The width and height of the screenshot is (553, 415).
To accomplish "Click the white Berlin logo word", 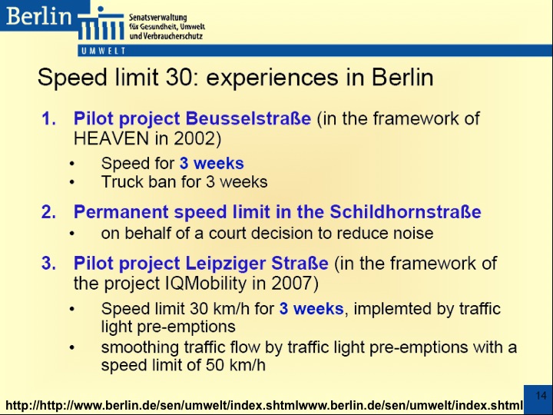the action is coord(39,16).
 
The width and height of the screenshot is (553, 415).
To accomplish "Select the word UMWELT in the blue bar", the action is coord(104,51).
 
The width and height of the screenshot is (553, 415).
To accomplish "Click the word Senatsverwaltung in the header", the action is coord(157,18).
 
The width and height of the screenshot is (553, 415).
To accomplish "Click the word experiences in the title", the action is coord(273,78).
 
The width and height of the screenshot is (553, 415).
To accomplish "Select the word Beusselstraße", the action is coord(248,118).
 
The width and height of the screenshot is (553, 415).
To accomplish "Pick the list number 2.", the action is coord(48,212).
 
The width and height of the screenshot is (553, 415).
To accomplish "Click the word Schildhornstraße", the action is coord(406,212).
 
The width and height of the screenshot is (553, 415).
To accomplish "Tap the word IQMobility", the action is coord(206,284).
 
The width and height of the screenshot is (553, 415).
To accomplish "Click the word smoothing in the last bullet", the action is coord(140,347).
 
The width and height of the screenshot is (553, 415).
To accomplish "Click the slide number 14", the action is coord(541,395).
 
